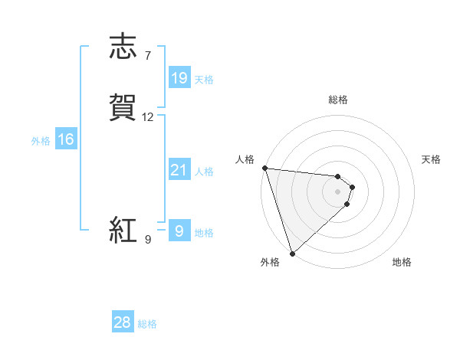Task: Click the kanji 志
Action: (x=123, y=47)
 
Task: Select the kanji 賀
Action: (x=123, y=107)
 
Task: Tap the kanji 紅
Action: (x=123, y=230)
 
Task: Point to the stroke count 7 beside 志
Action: (x=148, y=55)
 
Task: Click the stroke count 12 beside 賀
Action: (x=148, y=117)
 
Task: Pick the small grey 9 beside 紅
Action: (x=148, y=240)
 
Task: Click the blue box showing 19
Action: (x=179, y=77)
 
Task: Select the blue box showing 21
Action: (x=179, y=170)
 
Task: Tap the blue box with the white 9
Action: (x=179, y=231)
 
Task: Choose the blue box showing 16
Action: (x=65, y=139)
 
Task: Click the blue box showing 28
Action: (x=123, y=322)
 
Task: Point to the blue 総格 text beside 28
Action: (x=147, y=324)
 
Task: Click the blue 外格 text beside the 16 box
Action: (x=41, y=141)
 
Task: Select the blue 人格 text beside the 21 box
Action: (x=205, y=172)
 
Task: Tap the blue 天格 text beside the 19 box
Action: (x=205, y=79)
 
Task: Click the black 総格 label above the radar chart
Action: (x=338, y=100)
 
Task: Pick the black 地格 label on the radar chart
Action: (x=402, y=263)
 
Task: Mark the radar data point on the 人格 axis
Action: (x=264, y=168)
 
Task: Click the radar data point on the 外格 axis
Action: (x=292, y=253)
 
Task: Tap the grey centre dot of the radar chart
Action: (x=338, y=191)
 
